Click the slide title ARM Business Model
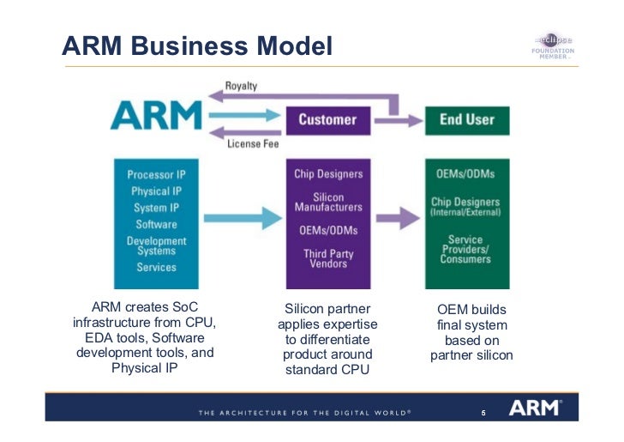coord(196,45)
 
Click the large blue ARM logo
coord(157,115)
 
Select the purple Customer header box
coord(328,120)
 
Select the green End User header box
coord(466,120)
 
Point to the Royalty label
coord(241,87)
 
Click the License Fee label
coord(253,144)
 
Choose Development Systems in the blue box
coord(157,246)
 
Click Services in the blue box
coord(157,268)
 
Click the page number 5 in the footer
coord(483,413)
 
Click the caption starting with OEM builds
coord(471,332)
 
